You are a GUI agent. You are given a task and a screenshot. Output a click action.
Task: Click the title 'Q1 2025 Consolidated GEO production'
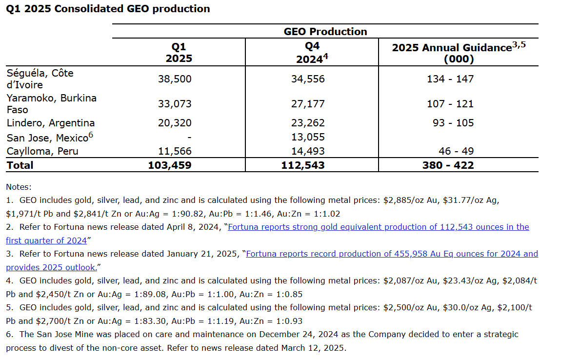point(108,9)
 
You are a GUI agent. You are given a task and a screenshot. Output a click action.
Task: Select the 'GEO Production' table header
point(325,32)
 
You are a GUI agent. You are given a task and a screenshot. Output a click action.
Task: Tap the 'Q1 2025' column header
point(179,53)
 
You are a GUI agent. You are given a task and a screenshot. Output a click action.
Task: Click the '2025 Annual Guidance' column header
point(459,53)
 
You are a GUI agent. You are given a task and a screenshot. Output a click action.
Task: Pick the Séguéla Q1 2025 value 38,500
point(175,79)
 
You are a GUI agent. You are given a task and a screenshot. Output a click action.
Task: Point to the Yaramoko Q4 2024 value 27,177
point(308,104)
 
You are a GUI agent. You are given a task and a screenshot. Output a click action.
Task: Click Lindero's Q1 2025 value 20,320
point(175,123)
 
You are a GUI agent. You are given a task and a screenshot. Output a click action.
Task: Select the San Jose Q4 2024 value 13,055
point(308,137)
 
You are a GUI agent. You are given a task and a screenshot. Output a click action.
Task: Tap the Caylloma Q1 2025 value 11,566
point(175,151)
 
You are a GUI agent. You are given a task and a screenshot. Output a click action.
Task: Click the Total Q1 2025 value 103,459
point(170,165)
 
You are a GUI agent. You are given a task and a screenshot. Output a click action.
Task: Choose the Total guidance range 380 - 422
point(448,165)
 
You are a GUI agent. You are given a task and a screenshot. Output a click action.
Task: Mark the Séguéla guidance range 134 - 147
point(450,79)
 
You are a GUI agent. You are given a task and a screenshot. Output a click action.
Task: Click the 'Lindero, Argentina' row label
point(51,123)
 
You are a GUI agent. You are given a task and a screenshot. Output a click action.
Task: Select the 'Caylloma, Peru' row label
point(42,151)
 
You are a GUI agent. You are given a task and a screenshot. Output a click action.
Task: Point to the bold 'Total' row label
point(20,165)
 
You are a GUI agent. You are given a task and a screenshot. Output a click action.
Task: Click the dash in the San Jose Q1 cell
point(189,137)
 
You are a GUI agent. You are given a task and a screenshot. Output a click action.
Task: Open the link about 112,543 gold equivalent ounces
point(378,227)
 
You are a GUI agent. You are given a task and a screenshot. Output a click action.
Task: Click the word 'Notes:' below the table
point(19,187)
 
